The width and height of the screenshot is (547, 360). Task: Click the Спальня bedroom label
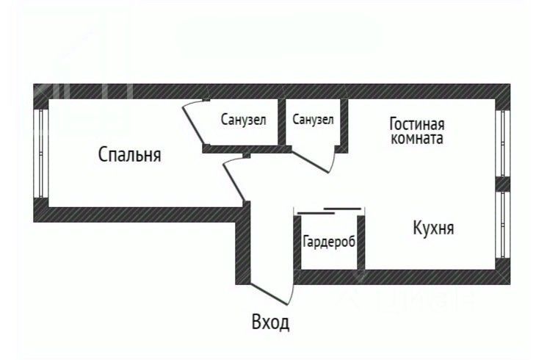pos(129,155)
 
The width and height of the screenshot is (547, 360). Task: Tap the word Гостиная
pos(417,124)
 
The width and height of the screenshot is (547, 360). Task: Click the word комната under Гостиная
pos(417,138)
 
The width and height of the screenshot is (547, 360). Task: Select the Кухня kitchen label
pos(432,228)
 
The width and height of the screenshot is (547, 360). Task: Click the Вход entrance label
pos(270,322)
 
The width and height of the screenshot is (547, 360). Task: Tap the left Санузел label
pos(243,120)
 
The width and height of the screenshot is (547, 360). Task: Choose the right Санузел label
pos(313,119)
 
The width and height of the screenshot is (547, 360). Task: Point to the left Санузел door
pos(193,125)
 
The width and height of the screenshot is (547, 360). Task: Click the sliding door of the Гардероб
pos(330,212)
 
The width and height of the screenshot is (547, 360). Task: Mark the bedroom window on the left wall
pos(41,154)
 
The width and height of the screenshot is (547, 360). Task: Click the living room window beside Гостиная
pos(503,143)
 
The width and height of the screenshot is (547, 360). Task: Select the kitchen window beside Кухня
pos(503,224)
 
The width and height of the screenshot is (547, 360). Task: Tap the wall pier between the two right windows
pos(503,184)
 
